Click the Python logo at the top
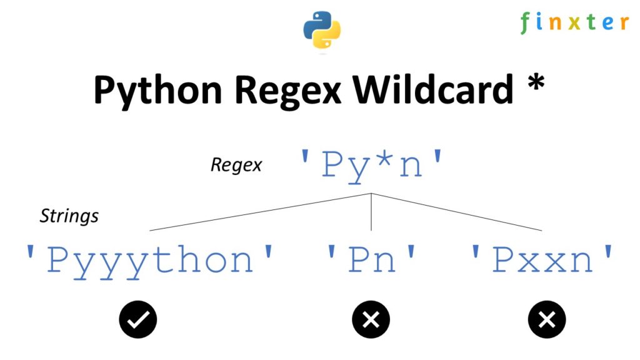click(x=322, y=29)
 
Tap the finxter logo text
click(x=574, y=23)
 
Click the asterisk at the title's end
click(x=534, y=85)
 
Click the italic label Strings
click(x=69, y=216)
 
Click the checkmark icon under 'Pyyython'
click(x=138, y=320)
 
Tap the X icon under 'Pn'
click(x=371, y=320)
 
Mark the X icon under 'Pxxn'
click(x=547, y=320)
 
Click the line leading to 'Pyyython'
click(x=262, y=212)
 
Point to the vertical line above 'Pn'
click(x=372, y=212)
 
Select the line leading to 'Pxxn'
click(x=456, y=212)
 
